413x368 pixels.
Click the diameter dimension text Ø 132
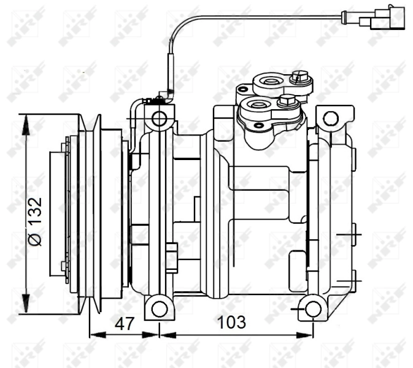click(36, 221)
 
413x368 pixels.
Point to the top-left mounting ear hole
click(160, 118)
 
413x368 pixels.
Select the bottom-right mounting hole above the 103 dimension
click(314, 309)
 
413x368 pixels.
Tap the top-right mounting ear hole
click(331, 118)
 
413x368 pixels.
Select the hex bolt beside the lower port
click(287, 102)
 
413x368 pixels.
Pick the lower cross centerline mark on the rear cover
click(354, 280)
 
